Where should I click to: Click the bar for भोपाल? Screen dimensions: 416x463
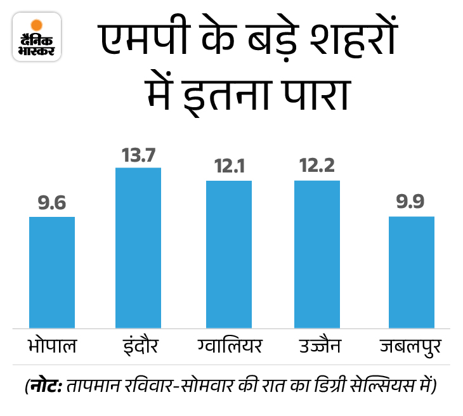[x=52, y=272]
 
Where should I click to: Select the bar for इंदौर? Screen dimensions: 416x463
[x=138, y=247]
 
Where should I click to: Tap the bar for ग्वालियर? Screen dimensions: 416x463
[x=229, y=254]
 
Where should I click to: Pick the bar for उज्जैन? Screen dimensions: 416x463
[x=317, y=254]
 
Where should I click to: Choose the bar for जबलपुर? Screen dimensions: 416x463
[x=411, y=272]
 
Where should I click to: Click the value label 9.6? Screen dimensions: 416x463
[x=52, y=204]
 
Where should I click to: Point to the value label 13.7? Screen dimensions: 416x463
[x=138, y=155]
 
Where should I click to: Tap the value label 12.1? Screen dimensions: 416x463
[x=229, y=167]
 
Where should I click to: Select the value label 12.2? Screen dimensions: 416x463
[x=317, y=167]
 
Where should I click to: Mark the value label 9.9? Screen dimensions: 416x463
[x=411, y=203]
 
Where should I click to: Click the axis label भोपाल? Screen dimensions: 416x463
[x=52, y=347]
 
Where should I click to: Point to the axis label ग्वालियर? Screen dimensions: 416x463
[x=229, y=346]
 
